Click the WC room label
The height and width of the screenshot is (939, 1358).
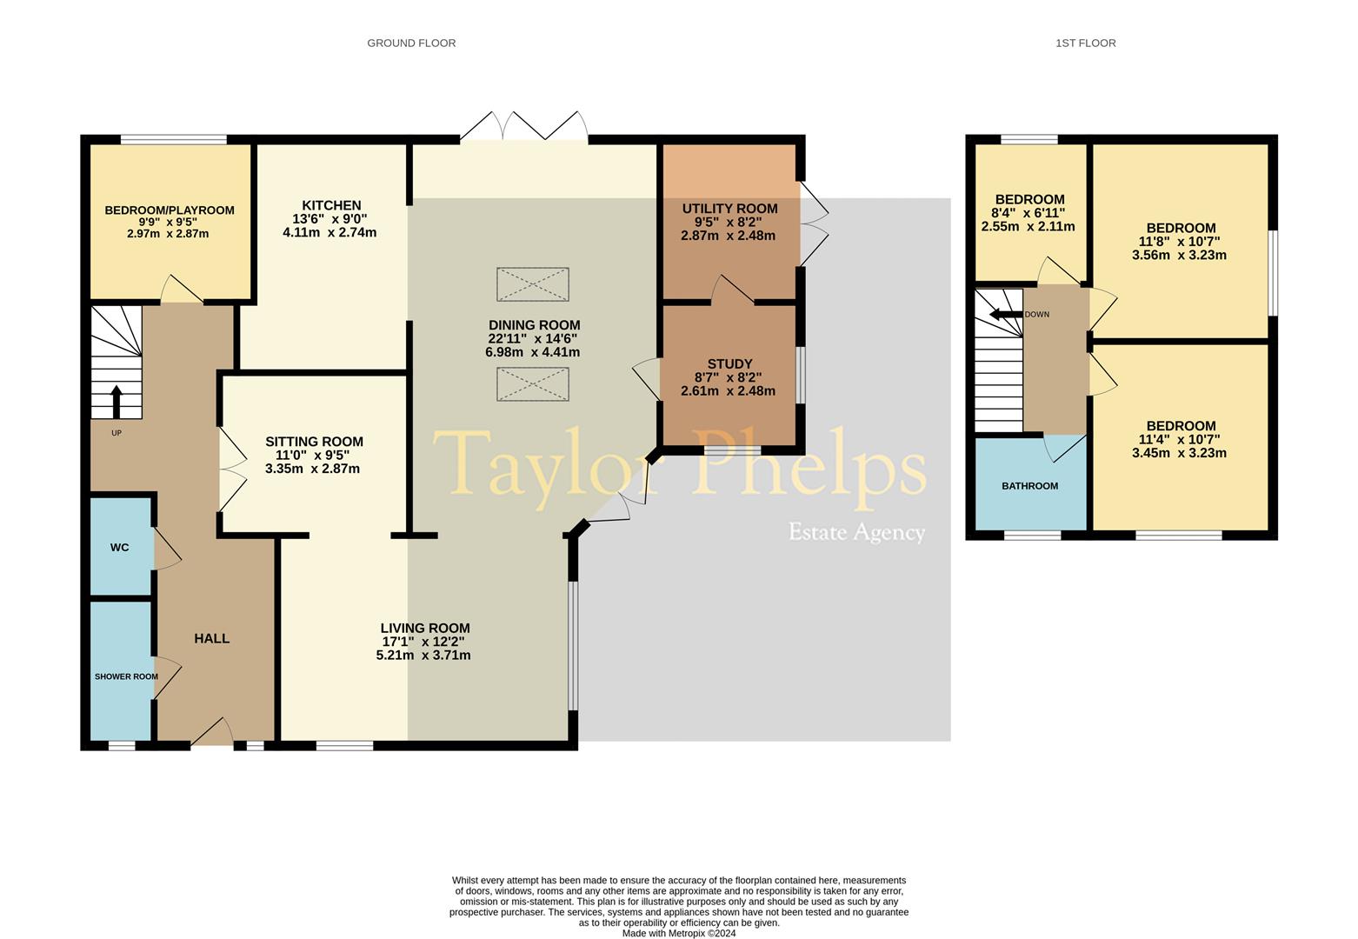click(x=119, y=548)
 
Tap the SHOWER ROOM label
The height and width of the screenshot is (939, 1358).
click(x=126, y=676)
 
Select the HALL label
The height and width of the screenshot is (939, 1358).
click(x=211, y=638)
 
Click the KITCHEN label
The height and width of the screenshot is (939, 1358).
click(x=331, y=205)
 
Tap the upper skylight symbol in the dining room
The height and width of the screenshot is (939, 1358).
click(x=533, y=284)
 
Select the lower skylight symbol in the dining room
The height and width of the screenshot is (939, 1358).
click(x=533, y=384)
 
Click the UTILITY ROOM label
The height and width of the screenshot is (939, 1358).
click(x=730, y=209)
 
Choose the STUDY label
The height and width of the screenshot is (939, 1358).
click(x=730, y=363)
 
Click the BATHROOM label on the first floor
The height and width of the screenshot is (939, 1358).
click(x=1030, y=486)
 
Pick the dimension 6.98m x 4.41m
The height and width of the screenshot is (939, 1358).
click(x=532, y=352)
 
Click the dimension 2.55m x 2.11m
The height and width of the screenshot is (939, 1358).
click(x=1028, y=227)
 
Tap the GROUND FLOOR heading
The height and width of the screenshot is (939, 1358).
click(x=411, y=43)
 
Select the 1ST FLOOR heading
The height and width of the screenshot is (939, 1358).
click(x=1086, y=43)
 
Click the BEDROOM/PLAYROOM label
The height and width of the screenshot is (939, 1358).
click(x=170, y=210)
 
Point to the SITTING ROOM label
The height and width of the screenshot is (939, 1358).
click(x=314, y=442)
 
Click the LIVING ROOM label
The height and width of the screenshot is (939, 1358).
click(x=425, y=628)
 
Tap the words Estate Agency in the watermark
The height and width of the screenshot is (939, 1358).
click(x=856, y=532)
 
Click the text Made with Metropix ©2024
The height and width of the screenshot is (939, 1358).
click(x=679, y=934)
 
